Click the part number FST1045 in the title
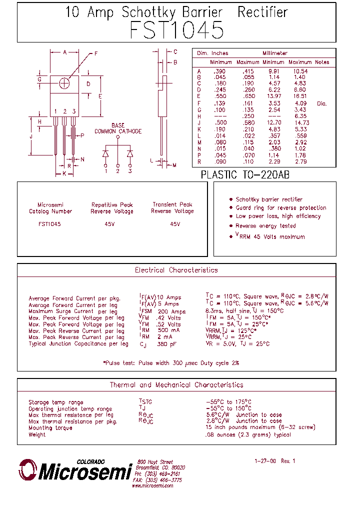176,30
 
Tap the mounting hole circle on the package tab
64,83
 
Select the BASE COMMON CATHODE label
118,128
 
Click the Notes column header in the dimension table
322,62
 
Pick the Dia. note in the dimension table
321,103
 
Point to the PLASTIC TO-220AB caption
245,175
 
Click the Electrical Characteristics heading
176,270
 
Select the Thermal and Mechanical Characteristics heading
176,385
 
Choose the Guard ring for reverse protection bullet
281,208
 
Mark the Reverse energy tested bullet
265,226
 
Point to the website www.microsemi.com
152,485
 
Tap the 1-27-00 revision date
265,461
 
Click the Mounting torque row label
50,428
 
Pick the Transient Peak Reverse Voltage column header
172,208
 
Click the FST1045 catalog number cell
49,224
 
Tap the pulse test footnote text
171,362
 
